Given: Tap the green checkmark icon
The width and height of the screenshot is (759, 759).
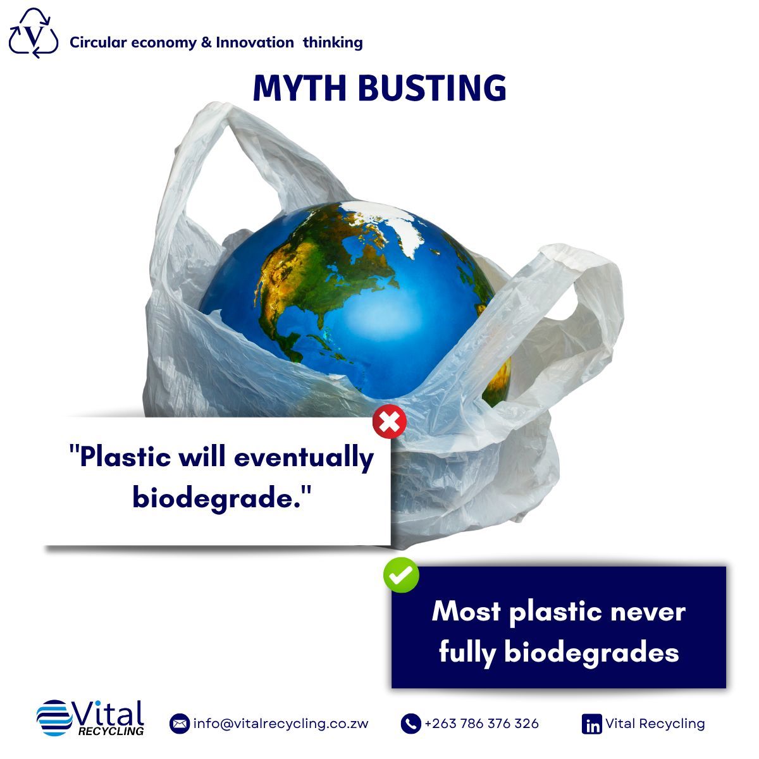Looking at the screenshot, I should (x=401, y=575).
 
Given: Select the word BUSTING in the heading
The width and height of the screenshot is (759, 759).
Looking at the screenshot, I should (x=432, y=88).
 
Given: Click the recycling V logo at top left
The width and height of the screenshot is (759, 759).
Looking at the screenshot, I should (x=34, y=34).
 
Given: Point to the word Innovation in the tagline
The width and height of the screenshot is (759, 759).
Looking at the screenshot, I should (x=254, y=42).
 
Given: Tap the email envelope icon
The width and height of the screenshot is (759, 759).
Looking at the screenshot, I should (x=180, y=724).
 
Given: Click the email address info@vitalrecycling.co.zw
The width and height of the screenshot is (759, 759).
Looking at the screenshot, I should (x=281, y=724).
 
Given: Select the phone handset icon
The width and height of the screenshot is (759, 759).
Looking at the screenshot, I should (x=410, y=724).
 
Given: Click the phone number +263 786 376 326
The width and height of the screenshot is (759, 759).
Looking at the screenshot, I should (x=482, y=724).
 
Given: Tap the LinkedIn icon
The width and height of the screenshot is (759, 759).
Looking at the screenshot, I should (x=591, y=724).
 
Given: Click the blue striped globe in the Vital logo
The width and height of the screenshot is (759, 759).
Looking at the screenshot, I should (x=54, y=718).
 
